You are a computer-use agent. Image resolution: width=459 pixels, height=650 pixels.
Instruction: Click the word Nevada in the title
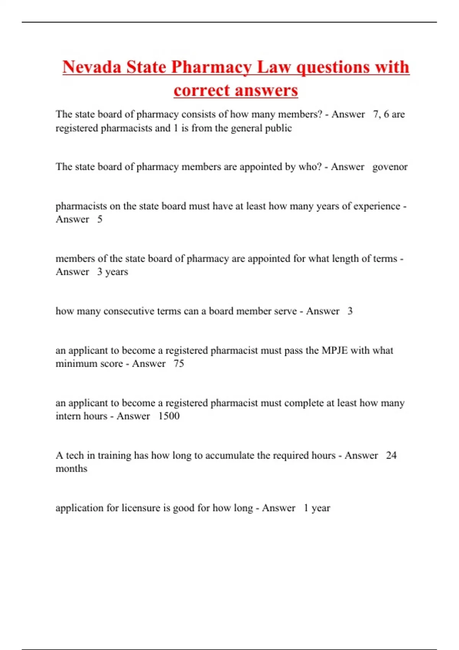[x=91, y=67]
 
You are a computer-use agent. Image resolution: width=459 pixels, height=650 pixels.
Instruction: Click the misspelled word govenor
[x=390, y=167]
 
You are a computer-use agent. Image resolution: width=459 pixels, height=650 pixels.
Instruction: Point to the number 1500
[x=169, y=416]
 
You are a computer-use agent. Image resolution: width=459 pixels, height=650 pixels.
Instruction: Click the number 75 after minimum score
[x=179, y=364]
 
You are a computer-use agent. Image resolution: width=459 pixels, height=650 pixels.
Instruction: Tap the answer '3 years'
[x=112, y=272]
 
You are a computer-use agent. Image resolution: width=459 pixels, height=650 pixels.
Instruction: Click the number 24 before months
[x=391, y=455]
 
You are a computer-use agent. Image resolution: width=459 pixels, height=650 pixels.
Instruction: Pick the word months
[x=72, y=469]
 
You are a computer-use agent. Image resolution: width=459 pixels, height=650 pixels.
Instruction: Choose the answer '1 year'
[x=317, y=508]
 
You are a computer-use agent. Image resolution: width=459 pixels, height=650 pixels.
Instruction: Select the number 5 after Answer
[x=100, y=219]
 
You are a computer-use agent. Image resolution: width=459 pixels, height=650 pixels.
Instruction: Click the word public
[x=279, y=128]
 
